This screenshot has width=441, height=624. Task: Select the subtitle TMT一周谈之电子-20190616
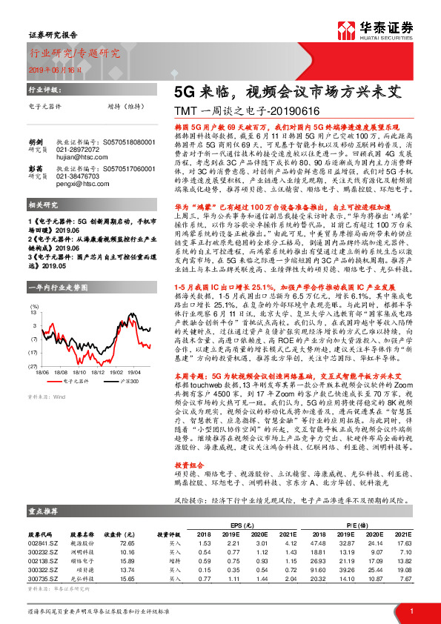236,110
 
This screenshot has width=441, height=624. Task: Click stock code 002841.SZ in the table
43,543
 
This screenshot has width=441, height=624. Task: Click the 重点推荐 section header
44,511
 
